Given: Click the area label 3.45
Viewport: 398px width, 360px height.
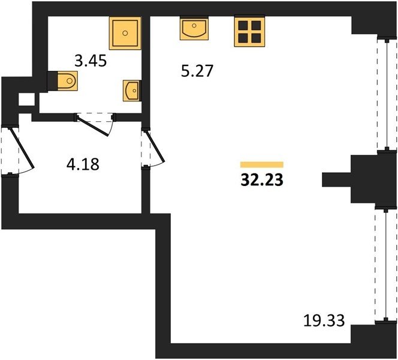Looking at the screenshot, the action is pyautogui.click(x=91, y=61).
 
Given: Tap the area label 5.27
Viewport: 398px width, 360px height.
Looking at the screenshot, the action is pyautogui.click(x=197, y=71).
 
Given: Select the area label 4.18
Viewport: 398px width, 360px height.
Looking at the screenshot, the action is pyautogui.click(x=83, y=164).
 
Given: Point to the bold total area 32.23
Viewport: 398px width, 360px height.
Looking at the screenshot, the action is pyautogui.click(x=262, y=181).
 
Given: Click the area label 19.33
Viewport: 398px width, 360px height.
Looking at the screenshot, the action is pyautogui.click(x=324, y=320).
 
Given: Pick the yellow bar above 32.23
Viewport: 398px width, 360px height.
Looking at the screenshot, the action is pyautogui.click(x=262, y=164).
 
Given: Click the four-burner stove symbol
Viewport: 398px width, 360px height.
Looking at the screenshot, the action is pyautogui.click(x=250, y=32).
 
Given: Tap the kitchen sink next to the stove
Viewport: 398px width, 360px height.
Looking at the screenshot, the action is pyautogui.click(x=194, y=28).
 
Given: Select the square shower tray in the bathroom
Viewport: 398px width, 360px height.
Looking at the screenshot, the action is pyautogui.click(x=125, y=33).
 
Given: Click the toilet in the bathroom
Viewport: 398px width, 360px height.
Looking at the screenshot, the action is pyautogui.click(x=67, y=81).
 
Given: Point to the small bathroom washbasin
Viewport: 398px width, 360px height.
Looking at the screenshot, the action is pyautogui.click(x=131, y=91).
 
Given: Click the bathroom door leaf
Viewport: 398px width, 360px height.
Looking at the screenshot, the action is pyautogui.click(x=93, y=126).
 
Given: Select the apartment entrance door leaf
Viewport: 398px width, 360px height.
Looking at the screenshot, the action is pyautogui.click(x=22, y=148).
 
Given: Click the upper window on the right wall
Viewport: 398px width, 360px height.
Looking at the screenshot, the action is pyautogui.click(x=387, y=94).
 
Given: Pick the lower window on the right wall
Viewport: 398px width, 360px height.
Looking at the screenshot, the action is pyautogui.click(x=385, y=265).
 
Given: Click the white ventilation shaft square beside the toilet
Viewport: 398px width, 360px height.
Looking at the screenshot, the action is pyautogui.click(x=26, y=100).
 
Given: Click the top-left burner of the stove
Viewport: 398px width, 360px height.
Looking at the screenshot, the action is pyautogui.click(x=243, y=26).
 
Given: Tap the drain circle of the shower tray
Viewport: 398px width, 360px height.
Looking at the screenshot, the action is pyautogui.click(x=125, y=33).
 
